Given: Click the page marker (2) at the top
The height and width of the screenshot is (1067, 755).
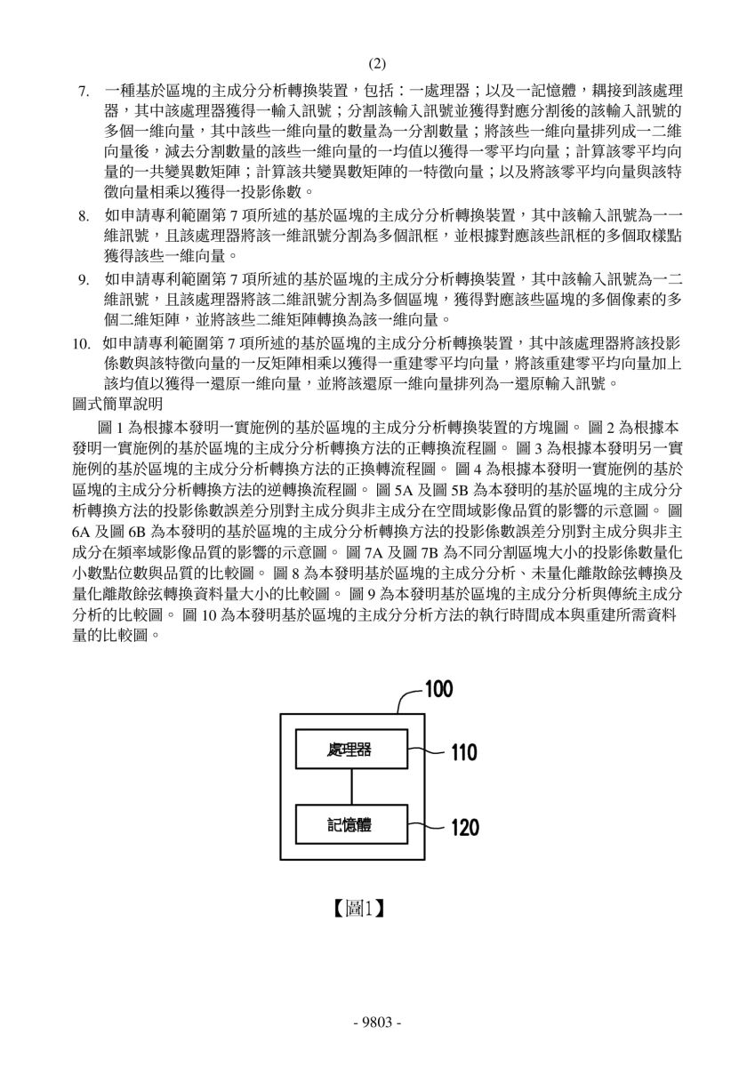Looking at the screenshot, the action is pos(377,63).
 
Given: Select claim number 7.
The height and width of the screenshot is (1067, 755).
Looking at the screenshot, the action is pos(84,91).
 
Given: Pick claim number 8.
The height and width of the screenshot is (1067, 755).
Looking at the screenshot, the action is pos(84,217).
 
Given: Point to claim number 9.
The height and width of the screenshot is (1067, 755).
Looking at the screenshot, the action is pos(84,279).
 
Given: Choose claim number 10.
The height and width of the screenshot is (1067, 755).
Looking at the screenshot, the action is pos(82,343).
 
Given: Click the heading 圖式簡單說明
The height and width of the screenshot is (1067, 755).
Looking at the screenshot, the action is pos(117,405).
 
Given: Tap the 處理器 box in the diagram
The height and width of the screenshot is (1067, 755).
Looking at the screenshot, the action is pos(351,749).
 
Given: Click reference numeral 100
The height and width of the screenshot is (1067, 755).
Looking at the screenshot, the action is pos(438,689).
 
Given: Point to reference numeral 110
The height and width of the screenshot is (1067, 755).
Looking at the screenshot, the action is pos(464,753).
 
